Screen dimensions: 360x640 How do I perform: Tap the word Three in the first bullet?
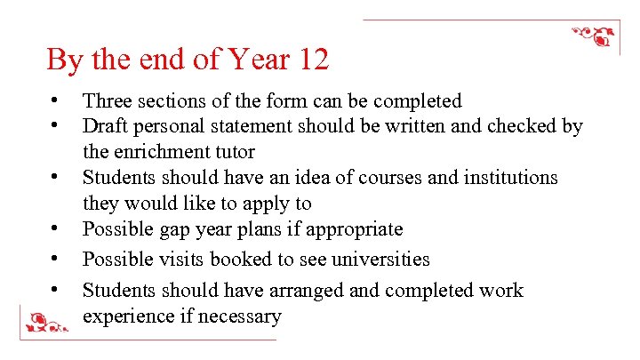coord(106,101)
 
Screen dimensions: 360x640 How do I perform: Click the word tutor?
coord(236,152)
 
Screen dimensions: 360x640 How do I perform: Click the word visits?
coord(177,260)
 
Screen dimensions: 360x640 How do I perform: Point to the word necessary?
coord(240,316)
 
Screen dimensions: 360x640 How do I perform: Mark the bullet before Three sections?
coord(55,100)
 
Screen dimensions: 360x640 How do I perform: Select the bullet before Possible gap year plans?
coord(55,228)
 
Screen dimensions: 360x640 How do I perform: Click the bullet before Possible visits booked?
coord(55,258)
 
